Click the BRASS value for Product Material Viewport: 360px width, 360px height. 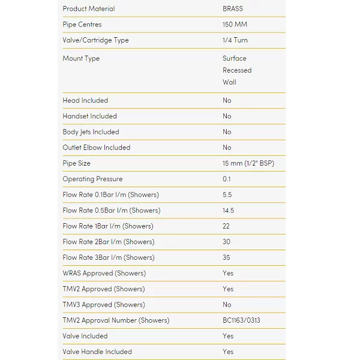[x=232, y=9]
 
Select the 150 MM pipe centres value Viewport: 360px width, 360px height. [x=235, y=25]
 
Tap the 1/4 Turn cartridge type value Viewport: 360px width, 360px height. [x=235, y=40]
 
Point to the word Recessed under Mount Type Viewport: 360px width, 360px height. [x=237, y=70]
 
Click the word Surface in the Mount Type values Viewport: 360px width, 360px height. [x=234, y=58]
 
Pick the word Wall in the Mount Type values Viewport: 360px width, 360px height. [x=229, y=82]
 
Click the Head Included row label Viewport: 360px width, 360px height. [x=85, y=100]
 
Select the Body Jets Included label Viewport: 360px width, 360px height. [x=91, y=132]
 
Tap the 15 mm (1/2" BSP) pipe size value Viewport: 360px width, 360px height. [x=248, y=163]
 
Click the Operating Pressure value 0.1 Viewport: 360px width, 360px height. [x=226, y=179]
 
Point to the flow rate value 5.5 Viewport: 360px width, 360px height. [x=227, y=195]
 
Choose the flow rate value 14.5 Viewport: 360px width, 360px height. [x=228, y=211]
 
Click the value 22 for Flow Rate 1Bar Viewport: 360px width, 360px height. [x=226, y=226]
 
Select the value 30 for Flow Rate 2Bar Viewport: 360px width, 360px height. [x=227, y=242]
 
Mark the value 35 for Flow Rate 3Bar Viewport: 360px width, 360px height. [x=227, y=257]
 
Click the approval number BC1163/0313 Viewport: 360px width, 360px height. [x=241, y=320]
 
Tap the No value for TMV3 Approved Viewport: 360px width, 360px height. [x=227, y=305]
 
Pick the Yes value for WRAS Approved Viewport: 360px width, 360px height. [x=228, y=273]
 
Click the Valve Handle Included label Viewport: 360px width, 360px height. [x=97, y=352]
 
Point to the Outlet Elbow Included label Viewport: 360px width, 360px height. [x=96, y=148]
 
